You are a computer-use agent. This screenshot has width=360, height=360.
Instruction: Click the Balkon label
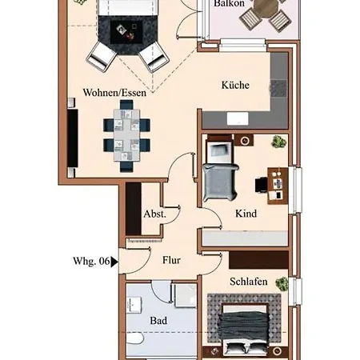pyautogui.click(x=230, y=4)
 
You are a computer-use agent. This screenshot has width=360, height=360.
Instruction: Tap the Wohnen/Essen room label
pyautogui.click(x=114, y=93)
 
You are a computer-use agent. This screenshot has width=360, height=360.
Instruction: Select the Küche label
pyautogui.click(x=235, y=86)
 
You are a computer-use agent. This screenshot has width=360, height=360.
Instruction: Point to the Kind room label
pyautogui.click(x=246, y=214)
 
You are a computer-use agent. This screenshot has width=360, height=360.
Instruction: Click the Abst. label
pyautogui.click(x=154, y=214)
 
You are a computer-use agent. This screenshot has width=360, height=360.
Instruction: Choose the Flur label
pyautogui.click(x=171, y=260)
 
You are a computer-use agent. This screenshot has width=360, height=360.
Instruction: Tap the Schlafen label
pyautogui.click(x=248, y=282)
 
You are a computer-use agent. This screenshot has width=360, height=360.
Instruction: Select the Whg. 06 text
pyautogui.click(x=90, y=261)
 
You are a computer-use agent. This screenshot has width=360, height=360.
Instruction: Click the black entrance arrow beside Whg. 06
pyautogui.click(x=114, y=261)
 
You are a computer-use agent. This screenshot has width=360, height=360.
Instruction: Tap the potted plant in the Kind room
pyautogui.click(x=278, y=142)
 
